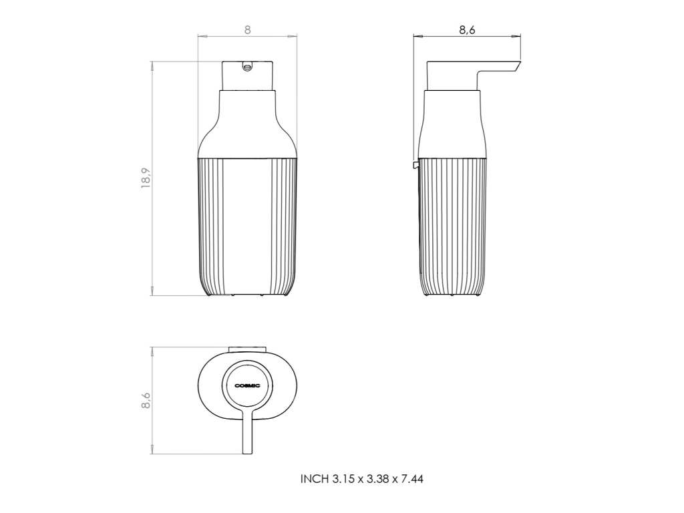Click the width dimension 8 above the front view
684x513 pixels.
click(x=247, y=30)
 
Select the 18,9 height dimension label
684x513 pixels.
click(x=146, y=178)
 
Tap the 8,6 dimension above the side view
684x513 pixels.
click(x=467, y=30)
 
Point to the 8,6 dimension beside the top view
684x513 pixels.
click(x=146, y=401)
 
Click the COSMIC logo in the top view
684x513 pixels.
click(x=247, y=385)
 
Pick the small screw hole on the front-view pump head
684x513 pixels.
click(x=247, y=67)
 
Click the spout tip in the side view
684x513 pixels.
click(x=518, y=65)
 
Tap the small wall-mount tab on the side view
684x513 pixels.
click(x=415, y=164)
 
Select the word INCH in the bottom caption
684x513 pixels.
click(x=314, y=479)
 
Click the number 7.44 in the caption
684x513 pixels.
click(x=412, y=479)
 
